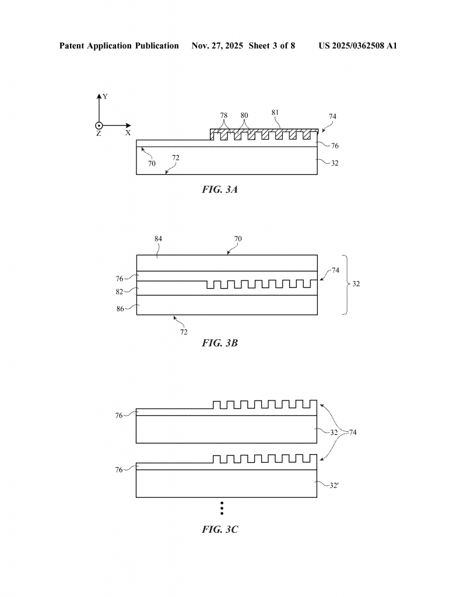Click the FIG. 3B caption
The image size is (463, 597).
[x=219, y=343]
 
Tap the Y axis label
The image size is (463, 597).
[x=105, y=96]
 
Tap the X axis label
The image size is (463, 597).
[x=128, y=133]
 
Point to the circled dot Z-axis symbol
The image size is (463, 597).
[x=99, y=125]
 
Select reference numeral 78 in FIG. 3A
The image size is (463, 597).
[x=224, y=115]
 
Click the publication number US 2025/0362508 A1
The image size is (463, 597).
[x=357, y=45]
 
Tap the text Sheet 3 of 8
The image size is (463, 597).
[x=271, y=45]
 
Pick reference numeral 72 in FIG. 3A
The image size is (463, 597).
[x=175, y=157]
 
